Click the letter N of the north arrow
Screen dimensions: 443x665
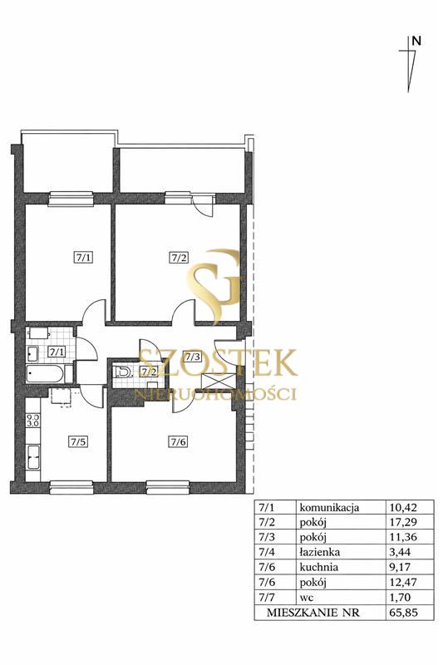click(416, 41)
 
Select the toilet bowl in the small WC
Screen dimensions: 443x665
click(122, 372)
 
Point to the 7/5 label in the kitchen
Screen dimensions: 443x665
click(78, 441)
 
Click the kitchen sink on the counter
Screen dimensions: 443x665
click(33, 457)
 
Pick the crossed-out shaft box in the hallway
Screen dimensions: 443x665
click(218, 382)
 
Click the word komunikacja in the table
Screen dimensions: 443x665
click(329, 507)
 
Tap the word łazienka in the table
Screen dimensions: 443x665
click(320, 552)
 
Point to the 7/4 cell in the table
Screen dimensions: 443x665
click(267, 552)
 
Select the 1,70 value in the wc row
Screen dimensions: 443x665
click(399, 597)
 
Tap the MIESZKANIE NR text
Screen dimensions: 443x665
click(313, 613)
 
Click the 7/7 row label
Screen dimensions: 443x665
click(267, 597)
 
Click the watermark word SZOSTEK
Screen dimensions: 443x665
click(218, 362)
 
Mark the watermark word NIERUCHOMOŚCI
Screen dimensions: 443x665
click(215, 394)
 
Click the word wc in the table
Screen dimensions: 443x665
click(307, 598)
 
